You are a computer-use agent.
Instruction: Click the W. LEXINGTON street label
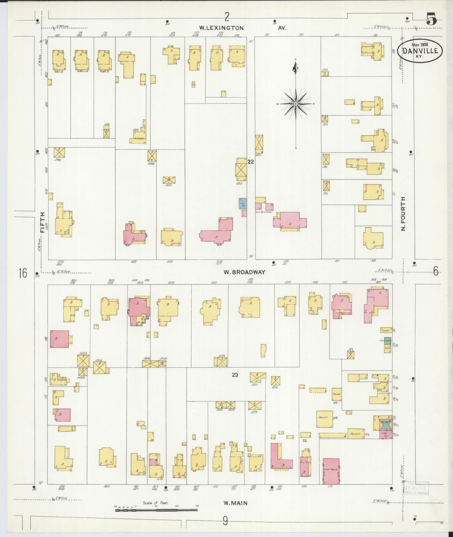pos(221,28)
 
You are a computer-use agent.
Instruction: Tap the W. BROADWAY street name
pos(244,272)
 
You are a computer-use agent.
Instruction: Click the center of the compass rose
pos(296,104)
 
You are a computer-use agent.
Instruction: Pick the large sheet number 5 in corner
pos(432,20)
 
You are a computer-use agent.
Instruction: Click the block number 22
pos(251,162)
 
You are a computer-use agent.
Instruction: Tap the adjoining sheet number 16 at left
pos(23,273)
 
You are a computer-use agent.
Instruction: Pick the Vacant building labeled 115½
pos(325,419)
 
